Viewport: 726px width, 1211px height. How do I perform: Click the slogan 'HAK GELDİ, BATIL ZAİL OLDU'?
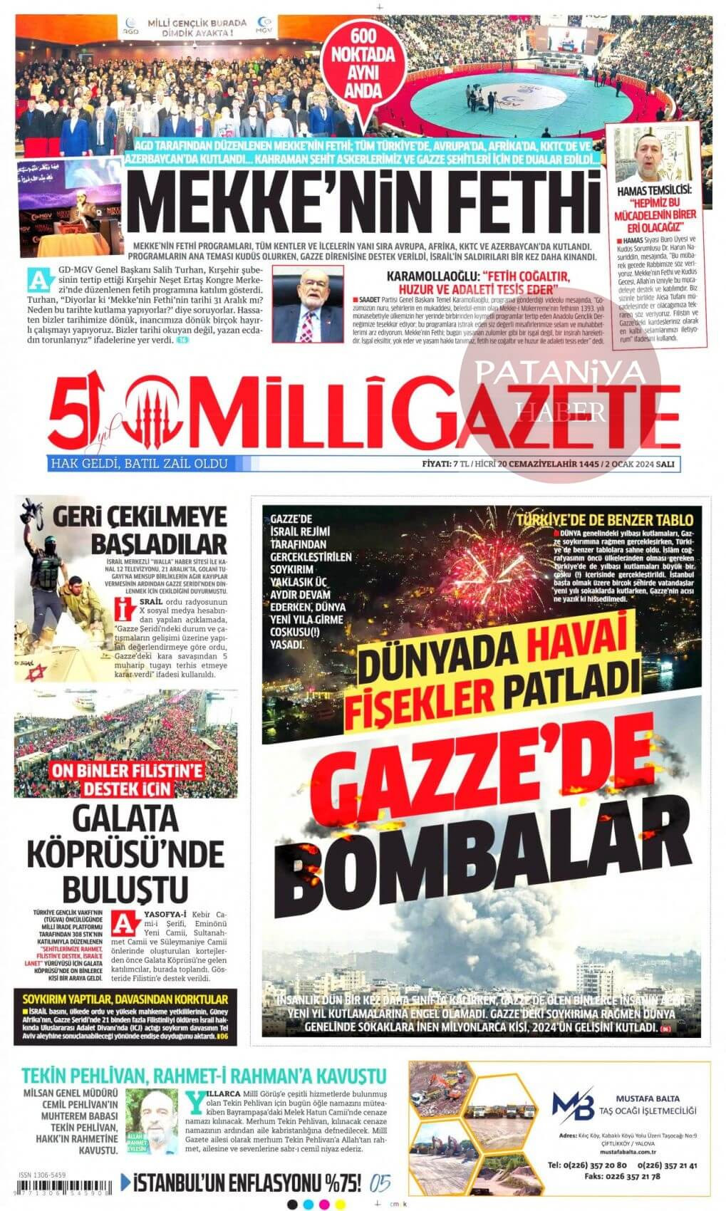[138, 464]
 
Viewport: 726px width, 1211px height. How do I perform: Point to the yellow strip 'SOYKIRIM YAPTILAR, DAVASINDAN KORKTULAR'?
[125, 999]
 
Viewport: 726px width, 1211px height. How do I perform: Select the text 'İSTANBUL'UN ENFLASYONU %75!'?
[242, 1184]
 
